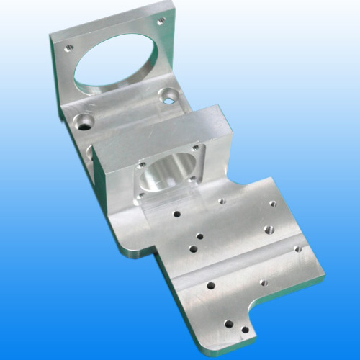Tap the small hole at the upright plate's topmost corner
[x=161, y=21]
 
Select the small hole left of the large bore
[x=69, y=49]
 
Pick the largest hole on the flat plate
[x=268, y=230]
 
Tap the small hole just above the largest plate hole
[x=272, y=204]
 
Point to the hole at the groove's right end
[x=297, y=249]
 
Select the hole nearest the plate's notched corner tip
[x=245, y=330]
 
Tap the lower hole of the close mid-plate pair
[x=193, y=249]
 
